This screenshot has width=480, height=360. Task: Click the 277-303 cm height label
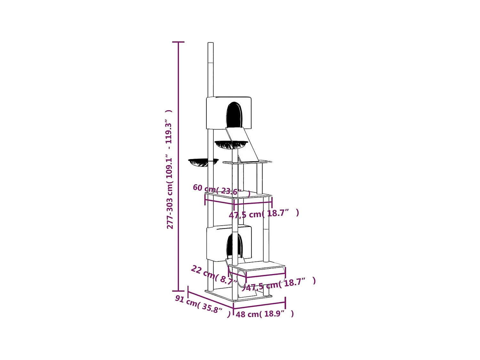[x=169, y=170]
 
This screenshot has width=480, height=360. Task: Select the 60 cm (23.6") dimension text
[x=221, y=190]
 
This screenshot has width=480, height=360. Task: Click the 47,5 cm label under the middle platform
[x=264, y=214]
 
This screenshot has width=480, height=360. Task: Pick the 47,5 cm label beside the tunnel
[x=280, y=284]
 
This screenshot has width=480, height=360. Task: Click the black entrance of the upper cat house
[x=234, y=115]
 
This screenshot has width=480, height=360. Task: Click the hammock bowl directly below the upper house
[x=231, y=145]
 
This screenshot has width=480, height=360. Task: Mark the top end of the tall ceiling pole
[x=211, y=44]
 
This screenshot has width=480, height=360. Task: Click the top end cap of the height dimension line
[x=178, y=42]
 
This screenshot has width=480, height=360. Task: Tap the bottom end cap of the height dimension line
[x=178, y=291]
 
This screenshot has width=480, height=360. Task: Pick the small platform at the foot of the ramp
[x=247, y=162]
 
